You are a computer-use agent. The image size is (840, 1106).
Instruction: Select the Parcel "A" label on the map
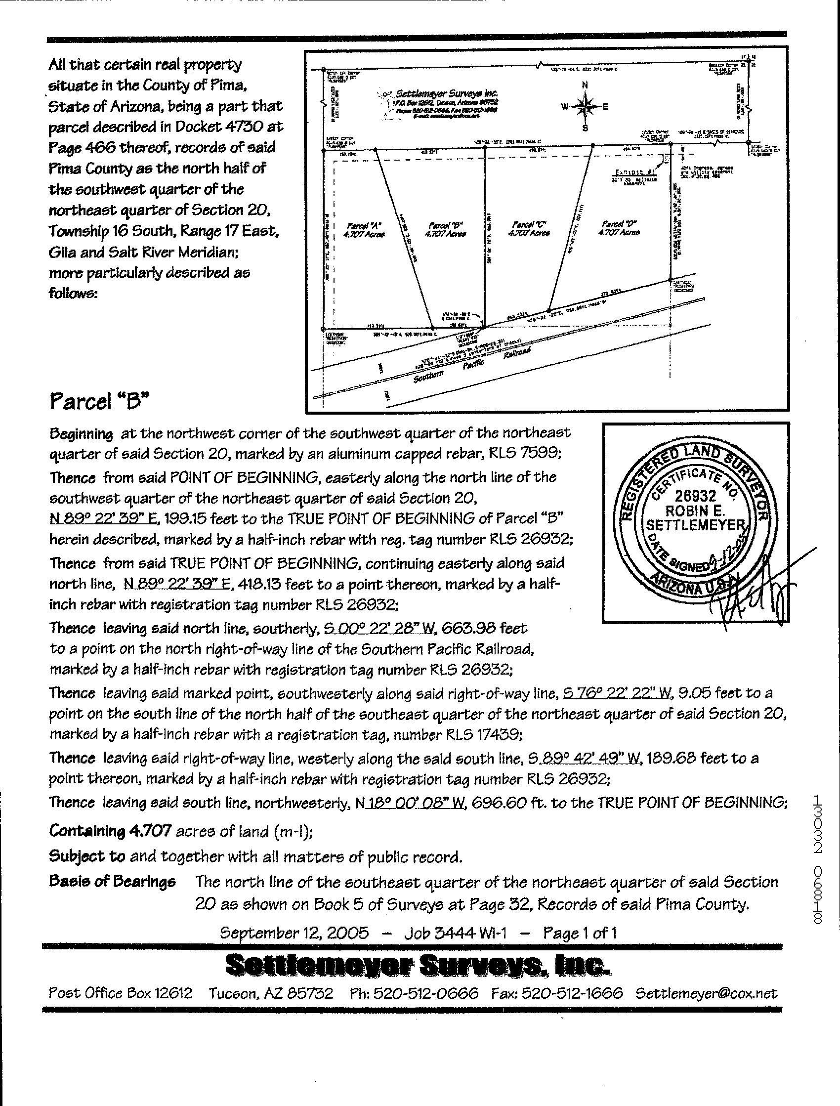[365, 229]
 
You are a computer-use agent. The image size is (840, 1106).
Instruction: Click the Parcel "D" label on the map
[620, 228]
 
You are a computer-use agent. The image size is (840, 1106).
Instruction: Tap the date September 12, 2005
[294, 933]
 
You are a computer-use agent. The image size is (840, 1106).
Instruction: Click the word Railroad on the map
[516, 354]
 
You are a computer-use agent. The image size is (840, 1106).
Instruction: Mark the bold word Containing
[86, 831]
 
